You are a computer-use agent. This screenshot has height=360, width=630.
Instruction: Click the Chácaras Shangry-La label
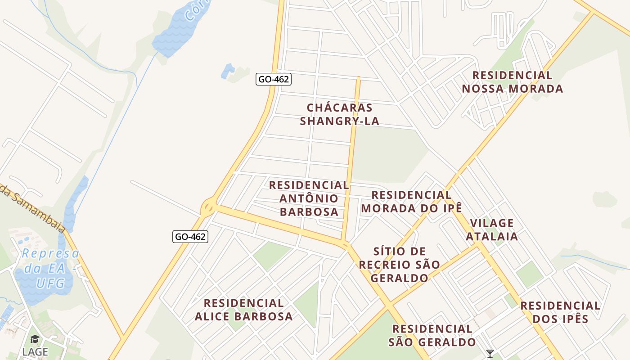tap(339, 114)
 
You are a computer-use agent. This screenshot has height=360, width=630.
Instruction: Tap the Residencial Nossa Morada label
tap(512, 82)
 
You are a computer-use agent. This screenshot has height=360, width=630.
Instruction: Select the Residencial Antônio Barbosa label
tap(309, 198)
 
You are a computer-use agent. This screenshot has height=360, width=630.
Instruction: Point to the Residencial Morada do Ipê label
tap(411, 202)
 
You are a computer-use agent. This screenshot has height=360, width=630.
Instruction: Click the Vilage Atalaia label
tap(491, 229)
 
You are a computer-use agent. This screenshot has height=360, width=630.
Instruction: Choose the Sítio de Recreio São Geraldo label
tap(399, 265)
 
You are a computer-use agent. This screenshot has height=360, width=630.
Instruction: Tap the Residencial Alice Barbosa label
tap(243, 310)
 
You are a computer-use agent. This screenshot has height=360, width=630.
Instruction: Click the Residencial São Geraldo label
tap(432, 336)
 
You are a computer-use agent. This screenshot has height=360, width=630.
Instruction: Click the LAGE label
tap(35, 352)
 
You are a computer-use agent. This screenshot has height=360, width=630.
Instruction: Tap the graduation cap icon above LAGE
tap(35, 340)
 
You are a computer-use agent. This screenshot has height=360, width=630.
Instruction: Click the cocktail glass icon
tap(490, 354)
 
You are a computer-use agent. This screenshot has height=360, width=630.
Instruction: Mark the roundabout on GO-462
tap(208, 207)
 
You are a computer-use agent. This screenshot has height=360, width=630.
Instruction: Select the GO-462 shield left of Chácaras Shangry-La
tap(274, 80)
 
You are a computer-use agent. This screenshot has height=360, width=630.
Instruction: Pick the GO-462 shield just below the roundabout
tap(190, 237)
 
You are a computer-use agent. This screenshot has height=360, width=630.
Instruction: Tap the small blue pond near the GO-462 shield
tap(228, 71)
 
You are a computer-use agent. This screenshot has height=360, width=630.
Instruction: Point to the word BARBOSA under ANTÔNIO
tap(309, 212)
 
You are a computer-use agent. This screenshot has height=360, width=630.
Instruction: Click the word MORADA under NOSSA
tap(537, 89)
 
